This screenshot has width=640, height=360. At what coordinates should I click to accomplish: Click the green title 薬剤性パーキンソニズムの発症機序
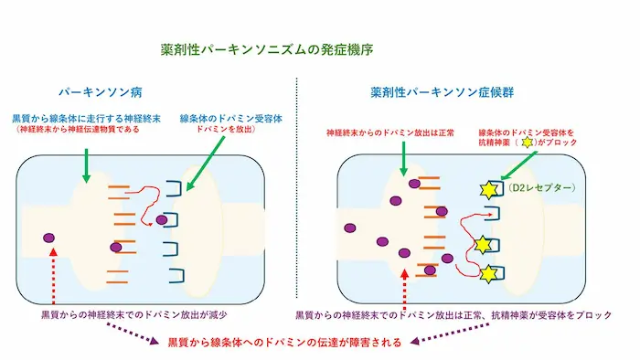(267, 49)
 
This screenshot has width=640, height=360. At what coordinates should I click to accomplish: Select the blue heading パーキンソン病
(101, 92)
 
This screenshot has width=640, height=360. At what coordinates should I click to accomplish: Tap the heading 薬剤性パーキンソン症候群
(442, 92)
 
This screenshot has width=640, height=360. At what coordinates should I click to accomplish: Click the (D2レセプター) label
(541, 187)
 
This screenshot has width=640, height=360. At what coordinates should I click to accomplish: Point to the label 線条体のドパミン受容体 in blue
(231, 118)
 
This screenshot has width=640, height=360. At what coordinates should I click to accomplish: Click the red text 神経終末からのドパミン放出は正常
(390, 132)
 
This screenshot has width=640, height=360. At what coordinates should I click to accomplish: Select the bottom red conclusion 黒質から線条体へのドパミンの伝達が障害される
(284, 342)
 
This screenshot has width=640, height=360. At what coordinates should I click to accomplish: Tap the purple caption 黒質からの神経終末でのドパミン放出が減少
(133, 314)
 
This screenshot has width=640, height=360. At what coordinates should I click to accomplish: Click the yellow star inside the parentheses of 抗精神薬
(528, 143)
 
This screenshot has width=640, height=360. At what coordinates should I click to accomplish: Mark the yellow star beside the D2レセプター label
(488, 190)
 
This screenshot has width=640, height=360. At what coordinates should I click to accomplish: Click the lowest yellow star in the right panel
(488, 274)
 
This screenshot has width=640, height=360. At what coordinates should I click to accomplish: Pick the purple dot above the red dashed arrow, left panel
(49, 238)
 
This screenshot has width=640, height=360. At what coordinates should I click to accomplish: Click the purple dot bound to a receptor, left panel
(162, 220)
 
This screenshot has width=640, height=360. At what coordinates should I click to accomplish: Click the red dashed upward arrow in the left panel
(53, 276)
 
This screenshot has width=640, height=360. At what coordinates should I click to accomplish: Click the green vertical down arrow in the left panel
(86, 166)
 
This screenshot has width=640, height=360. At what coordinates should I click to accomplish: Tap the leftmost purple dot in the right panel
(350, 228)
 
